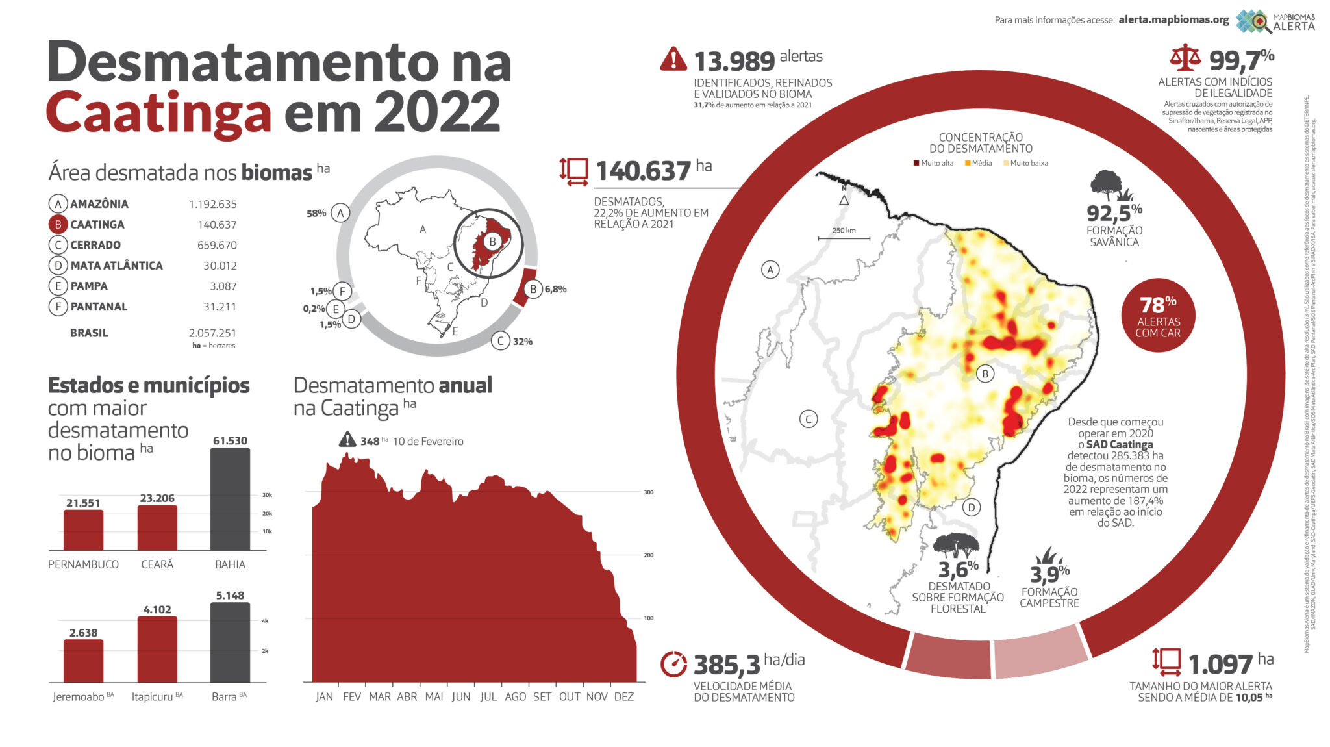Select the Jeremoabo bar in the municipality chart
click(x=83, y=661)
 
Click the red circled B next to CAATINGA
click(x=58, y=224)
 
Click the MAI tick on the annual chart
click(x=434, y=696)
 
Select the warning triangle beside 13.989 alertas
click(x=673, y=59)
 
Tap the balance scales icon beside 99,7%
click(x=1185, y=58)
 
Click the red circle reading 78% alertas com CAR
click(x=1158, y=316)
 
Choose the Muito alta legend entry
click(x=934, y=163)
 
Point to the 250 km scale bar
click(x=844, y=238)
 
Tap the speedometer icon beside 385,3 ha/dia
click(x=673, y=663)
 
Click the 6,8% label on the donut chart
click(x=555, y=289)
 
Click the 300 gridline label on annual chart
click(x=648, y=492)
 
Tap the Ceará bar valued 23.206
click(x=157, y=528)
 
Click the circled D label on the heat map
click(x=971, y=507)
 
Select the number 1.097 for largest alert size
click(x=1220, y=665)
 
